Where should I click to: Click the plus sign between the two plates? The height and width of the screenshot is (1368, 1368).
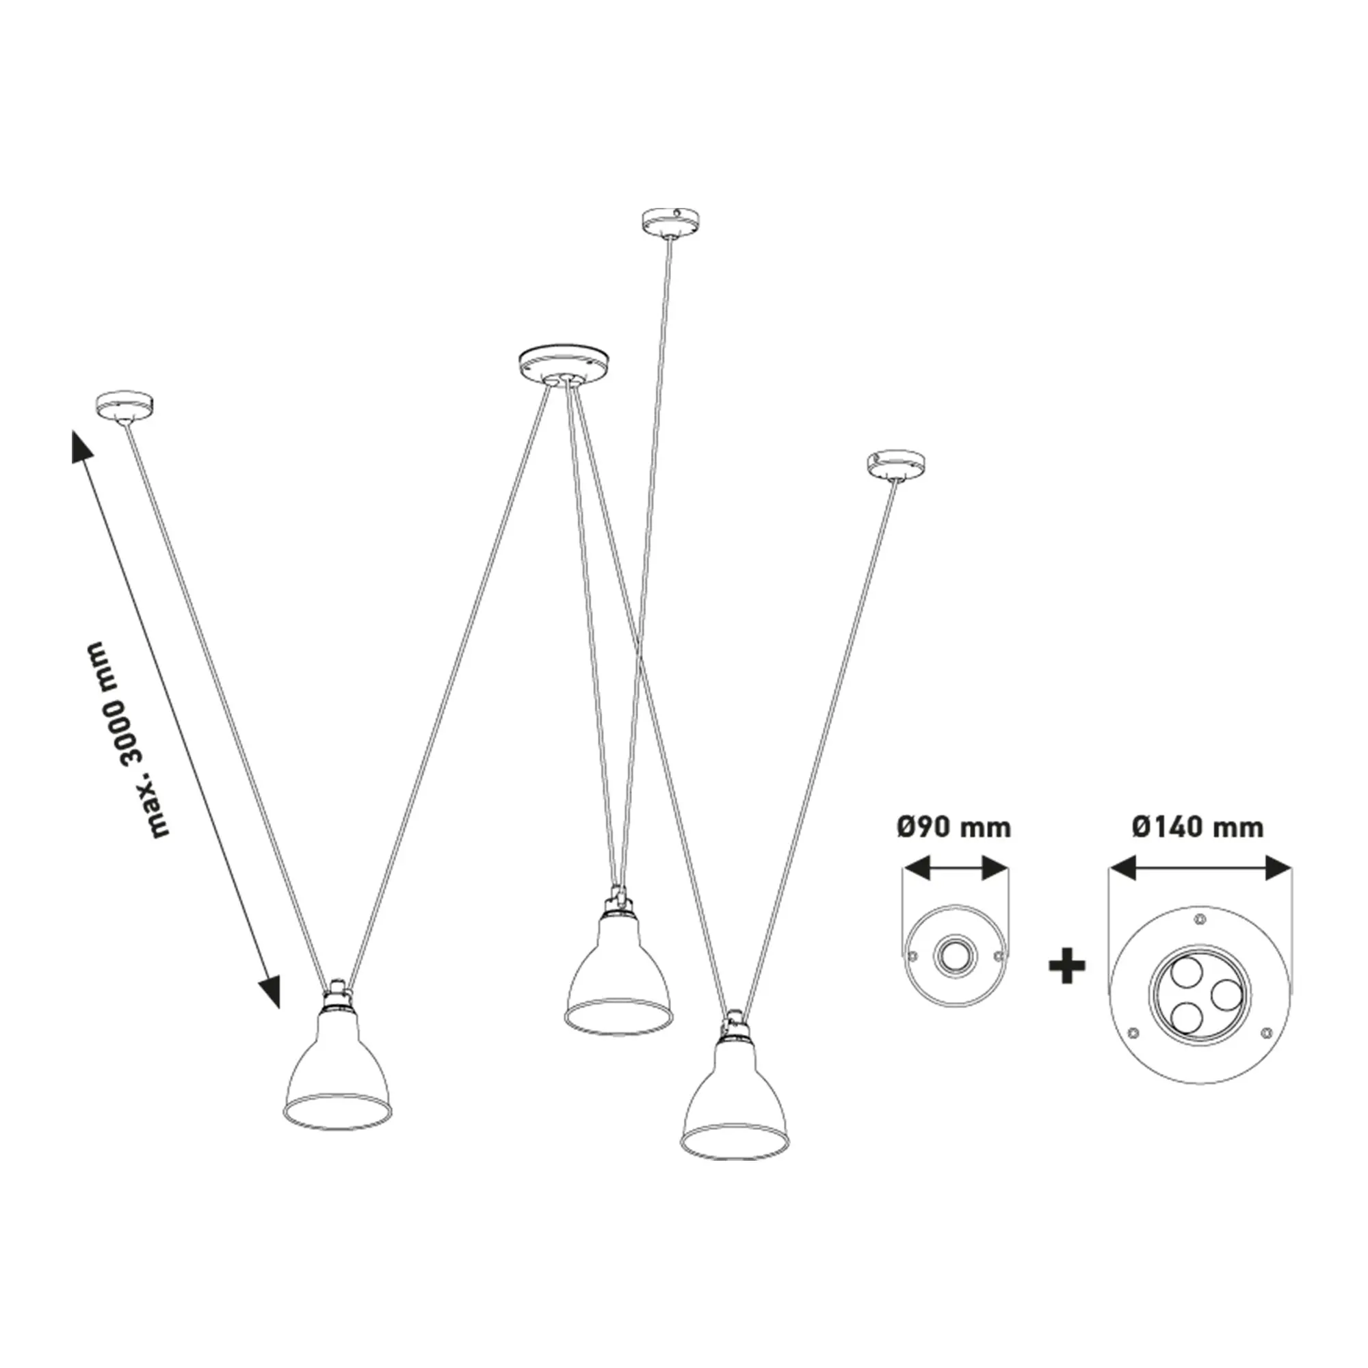(x=1067, y=966)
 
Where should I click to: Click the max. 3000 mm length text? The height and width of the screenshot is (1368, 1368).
(x=126, y=741)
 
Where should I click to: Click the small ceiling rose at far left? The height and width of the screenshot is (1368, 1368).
(x=124, y=406)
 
